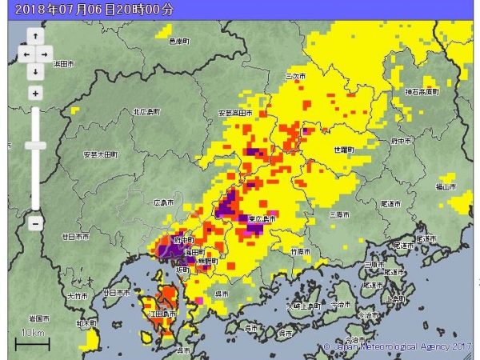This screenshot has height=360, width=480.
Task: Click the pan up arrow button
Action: [35, 37]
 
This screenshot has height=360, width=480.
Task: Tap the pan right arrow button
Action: [45, 54]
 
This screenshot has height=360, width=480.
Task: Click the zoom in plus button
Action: [35, 93]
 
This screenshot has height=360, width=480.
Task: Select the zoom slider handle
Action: [35, 146]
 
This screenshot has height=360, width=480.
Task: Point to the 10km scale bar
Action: [32, 342]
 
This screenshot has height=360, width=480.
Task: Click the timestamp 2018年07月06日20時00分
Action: [94, 10]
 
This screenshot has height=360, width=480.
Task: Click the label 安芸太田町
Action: [102, 153]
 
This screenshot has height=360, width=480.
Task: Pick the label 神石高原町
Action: [422, 92]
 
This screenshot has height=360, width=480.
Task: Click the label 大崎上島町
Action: [306, 306]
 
